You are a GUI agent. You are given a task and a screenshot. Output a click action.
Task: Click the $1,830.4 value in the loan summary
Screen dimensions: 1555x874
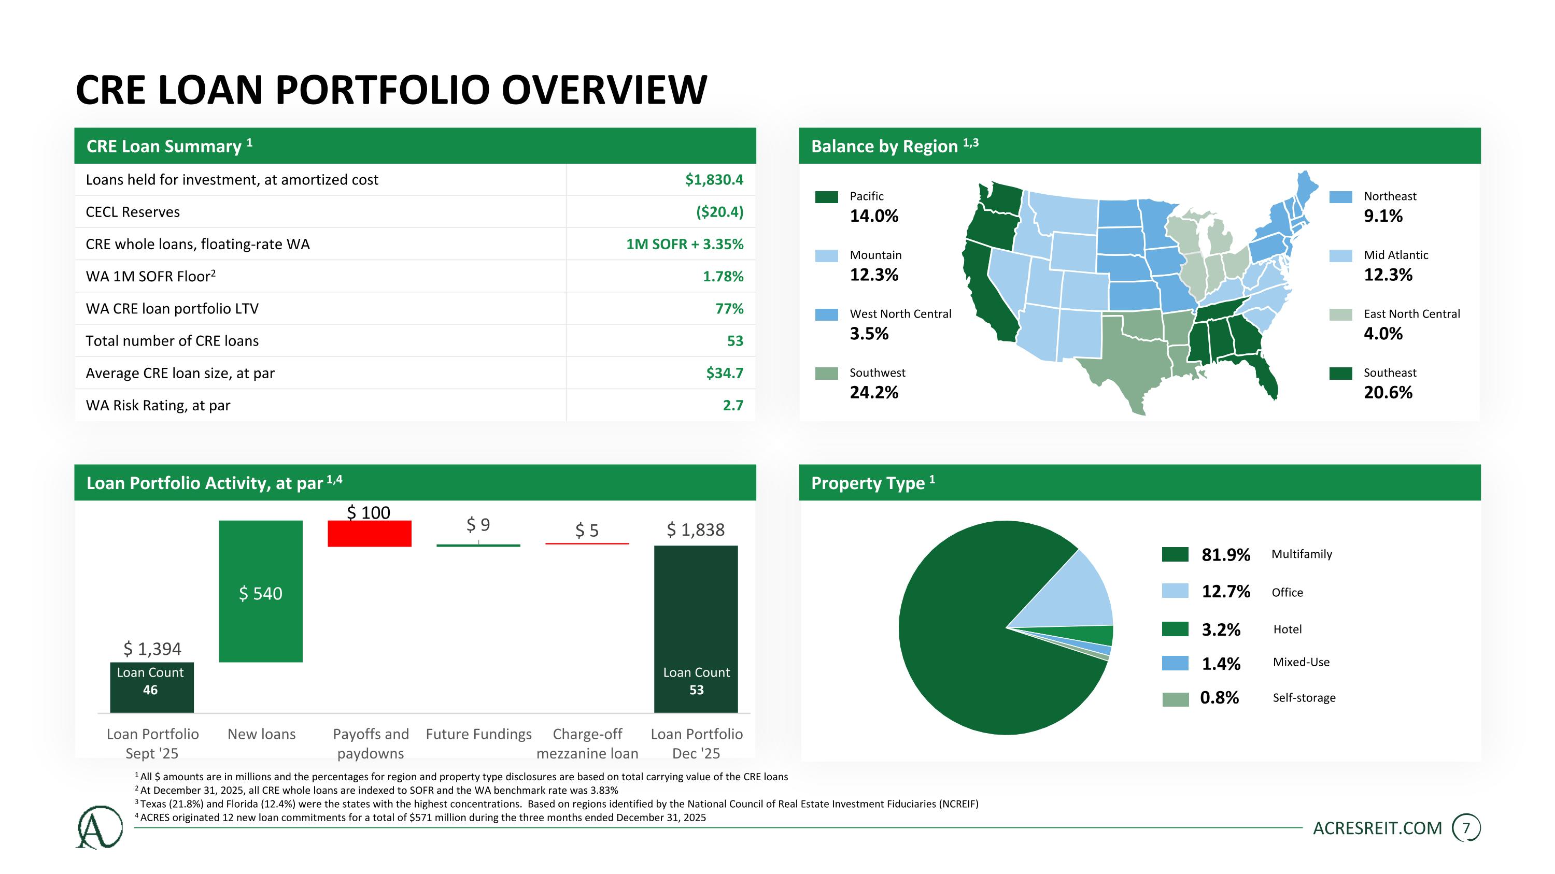coord(714,180)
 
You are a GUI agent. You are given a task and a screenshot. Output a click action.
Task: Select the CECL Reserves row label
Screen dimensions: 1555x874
coord(133,212)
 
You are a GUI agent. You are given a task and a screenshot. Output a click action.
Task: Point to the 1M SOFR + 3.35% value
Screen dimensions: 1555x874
coord(685,245)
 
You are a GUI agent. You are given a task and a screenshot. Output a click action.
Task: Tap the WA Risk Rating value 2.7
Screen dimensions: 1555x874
coord(733,405)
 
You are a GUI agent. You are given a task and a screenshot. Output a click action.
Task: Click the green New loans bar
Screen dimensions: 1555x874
coord(261,591)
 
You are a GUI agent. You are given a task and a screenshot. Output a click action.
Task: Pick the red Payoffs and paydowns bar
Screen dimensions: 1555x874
coord(370,534)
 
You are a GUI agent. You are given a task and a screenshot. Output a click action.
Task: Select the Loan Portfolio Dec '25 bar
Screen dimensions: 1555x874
coord(696,629)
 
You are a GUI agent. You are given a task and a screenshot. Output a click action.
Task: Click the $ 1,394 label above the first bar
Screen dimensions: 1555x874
coord(152,649)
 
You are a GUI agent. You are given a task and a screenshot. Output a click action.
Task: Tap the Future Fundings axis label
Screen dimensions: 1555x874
coord(479,734)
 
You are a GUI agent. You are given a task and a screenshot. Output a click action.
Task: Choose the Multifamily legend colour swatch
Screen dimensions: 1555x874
coord(1175,554)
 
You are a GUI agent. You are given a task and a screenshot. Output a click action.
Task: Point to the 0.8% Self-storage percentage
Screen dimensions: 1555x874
coord(1219,698)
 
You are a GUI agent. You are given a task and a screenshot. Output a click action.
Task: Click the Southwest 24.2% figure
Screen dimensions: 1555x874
coord(874,393)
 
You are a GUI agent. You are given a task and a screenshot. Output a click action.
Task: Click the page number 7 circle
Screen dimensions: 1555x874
coord(1466,828)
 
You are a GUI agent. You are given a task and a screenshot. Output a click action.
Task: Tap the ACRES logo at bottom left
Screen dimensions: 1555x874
coord(99,827)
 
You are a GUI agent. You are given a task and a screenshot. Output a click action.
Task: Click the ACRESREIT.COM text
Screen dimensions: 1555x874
coord(1378,829)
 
